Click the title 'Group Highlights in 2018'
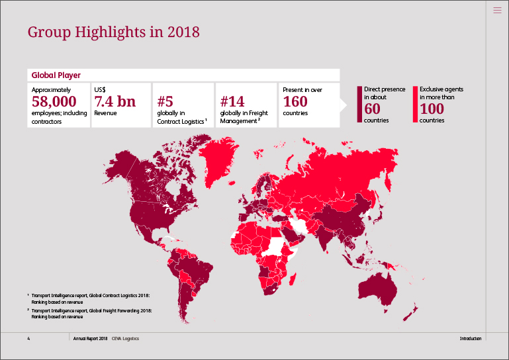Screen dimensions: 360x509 (113, 32)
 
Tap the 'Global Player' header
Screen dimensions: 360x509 (56, 75)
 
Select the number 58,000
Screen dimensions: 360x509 (54, 101)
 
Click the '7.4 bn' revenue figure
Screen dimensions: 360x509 (115, 101)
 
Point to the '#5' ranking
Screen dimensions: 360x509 (165, 101)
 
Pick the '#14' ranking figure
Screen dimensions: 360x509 (232, 101)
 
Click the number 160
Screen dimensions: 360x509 (295, 101)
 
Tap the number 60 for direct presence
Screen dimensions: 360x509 (373, 109)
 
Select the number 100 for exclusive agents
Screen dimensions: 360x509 (432, 109)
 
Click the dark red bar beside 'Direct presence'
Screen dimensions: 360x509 (360, 104)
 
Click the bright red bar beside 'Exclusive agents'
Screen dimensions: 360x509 (415, 104)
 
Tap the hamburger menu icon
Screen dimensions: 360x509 (498, 9)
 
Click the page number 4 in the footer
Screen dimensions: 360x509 (28, 338)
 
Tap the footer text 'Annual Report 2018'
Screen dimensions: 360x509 (90, 338)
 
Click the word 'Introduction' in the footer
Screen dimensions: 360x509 (471, 338)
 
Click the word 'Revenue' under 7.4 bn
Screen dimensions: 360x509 (105, 113)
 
